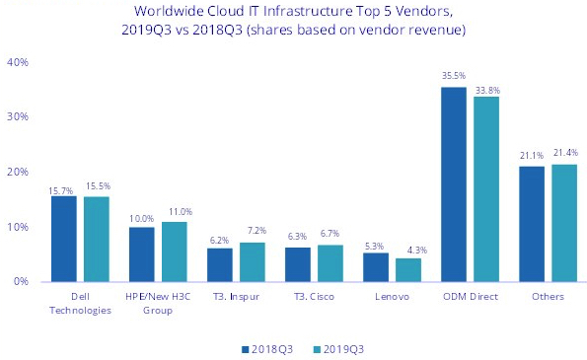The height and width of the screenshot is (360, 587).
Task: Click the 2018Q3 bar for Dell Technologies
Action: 64,239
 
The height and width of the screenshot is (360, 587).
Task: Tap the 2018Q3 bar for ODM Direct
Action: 454,184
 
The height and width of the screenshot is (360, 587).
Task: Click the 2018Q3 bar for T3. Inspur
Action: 220,264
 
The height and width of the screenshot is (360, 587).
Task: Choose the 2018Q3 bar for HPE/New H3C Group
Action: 142,254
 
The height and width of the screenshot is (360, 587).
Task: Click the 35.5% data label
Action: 454,77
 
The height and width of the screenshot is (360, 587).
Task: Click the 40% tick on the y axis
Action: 17,62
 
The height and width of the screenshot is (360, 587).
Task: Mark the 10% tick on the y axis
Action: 17,227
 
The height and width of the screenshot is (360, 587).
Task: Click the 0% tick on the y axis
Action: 20,282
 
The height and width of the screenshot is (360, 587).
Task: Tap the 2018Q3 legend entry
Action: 266,348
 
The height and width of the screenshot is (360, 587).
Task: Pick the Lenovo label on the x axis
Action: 393,297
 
